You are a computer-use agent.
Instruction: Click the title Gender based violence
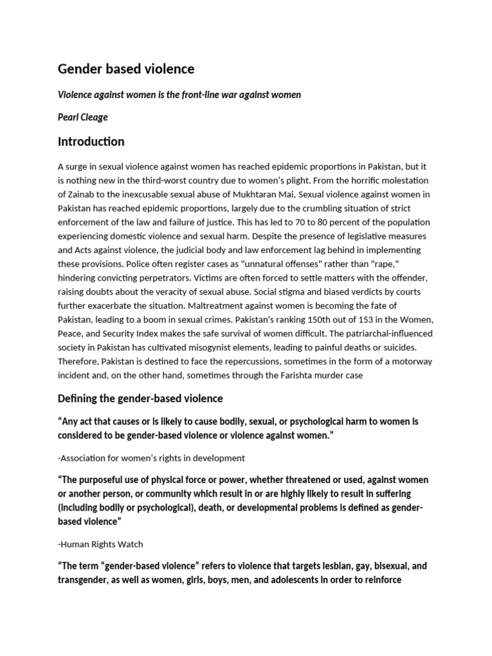click(126, 69)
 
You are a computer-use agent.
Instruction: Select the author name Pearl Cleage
click(84, 118)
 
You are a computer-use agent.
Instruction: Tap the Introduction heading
click(91, 142)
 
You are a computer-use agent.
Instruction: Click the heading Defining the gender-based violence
click(140, 398)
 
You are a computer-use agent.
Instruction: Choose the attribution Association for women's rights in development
click(151, 457)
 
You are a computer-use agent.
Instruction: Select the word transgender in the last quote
click(84, 580)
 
